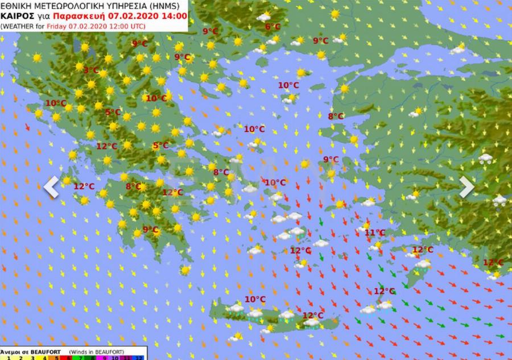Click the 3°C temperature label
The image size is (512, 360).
tap(90, 71)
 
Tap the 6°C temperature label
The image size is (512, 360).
tap(273, 27)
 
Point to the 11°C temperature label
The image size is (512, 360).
tap(374, 233)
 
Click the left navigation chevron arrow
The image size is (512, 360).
tap(51, 187)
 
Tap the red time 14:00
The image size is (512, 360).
tap(175, 15)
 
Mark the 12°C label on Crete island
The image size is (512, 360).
tap(312, 316)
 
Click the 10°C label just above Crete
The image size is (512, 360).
tap(255, 299)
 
